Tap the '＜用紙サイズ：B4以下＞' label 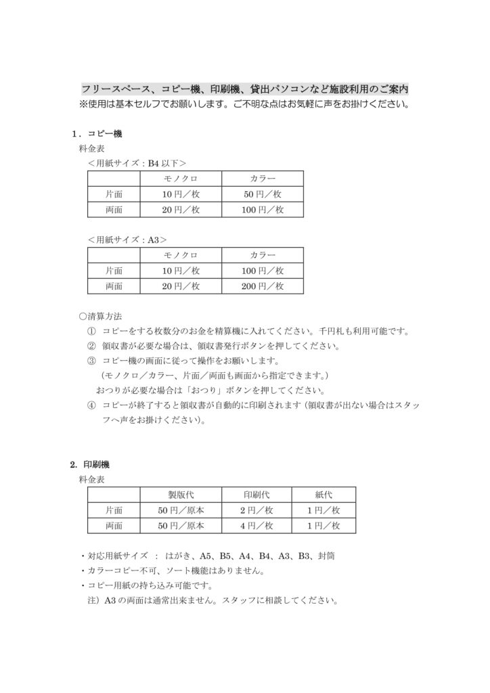(x=137, y=163)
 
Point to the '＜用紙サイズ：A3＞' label (x=127, y=240)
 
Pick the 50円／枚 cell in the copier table (x=263, y=194)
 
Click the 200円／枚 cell (x=263, y=286)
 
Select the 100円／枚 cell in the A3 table (x=263, y=271)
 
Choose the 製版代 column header (x=181, y=495)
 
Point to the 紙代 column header (x=324, y=495)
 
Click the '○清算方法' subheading (x=101, y=316)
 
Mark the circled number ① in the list (x=91, y=332)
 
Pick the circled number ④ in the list (x=91, y=405)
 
